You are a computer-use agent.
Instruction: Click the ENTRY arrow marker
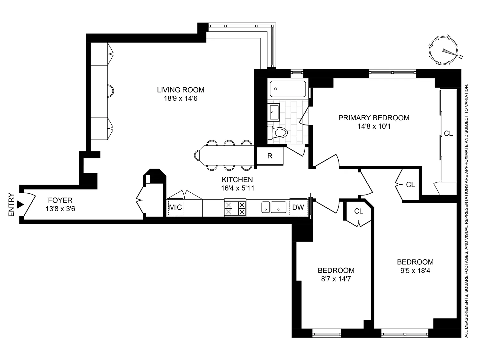coord(20,204)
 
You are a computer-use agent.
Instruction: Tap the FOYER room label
coord(60,200)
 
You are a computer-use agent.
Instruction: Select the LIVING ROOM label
coord(180,90)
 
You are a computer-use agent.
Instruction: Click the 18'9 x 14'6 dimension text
coord(180,99)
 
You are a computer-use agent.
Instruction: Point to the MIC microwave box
coord(175,207)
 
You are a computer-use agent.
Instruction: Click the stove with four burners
coord(235,208)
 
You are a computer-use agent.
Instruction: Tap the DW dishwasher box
coord(298,207)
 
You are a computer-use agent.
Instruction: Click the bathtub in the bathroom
coord(288,89)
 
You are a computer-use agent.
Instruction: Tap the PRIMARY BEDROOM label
coord(374,118)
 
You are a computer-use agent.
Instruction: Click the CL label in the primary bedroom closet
coord(448,134)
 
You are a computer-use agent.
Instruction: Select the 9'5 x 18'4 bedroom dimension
coord(415,271)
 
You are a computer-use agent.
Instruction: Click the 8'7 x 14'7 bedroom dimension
coord(336,279)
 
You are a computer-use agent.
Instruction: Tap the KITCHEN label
coord(237,180)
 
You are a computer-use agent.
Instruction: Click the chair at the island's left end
coord(197,155)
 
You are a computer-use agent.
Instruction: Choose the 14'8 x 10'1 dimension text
coord(374,126)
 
